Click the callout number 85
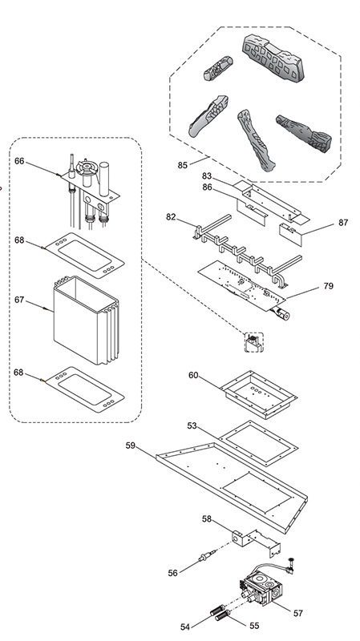pos(183,165)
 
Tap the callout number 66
pos(19,161)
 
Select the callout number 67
pos(19,300)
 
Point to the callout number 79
pos(329,286)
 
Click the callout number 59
pos(130,445)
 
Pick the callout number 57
pos(298,613)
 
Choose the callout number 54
pos(185,627)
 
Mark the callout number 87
pos(343,223)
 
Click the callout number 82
pos(171,216)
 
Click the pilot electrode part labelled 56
pos(206,555)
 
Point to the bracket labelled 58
pos(257,542)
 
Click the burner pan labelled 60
pos(258,394)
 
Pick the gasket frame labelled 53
pos(258,444)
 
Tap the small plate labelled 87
pos(290,234)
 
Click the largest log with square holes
pos(273,58)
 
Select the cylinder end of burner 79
pos(282,315)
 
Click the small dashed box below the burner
pos(254,342)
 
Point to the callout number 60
pos(193,375)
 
